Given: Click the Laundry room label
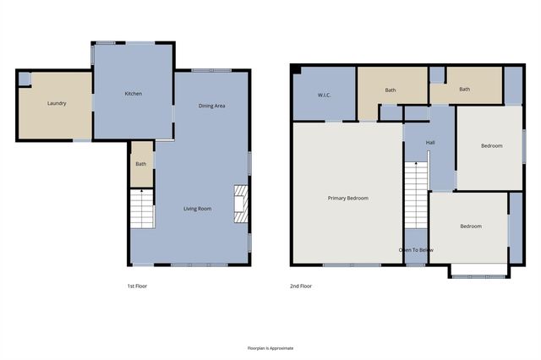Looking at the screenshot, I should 57,103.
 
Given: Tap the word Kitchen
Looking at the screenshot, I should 133,93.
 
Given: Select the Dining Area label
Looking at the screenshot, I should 211,106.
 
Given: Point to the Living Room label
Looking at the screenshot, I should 198,208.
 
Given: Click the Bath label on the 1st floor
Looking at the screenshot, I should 141,164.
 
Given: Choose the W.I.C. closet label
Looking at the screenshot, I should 324,95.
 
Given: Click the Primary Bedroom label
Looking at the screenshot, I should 348,198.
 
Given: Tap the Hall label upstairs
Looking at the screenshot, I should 430,142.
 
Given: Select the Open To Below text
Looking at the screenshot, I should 416,250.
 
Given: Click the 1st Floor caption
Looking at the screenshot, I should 137,286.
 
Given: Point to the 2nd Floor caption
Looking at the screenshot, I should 301,286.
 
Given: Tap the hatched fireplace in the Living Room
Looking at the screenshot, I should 241,204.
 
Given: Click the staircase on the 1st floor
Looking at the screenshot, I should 142,210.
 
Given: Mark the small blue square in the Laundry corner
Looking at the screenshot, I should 25,79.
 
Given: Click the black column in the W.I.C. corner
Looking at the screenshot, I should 295,69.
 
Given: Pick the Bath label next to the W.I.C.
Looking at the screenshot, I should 391,90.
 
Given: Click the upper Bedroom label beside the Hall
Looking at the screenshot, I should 492,146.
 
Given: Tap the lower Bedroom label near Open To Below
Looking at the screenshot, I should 471,226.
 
